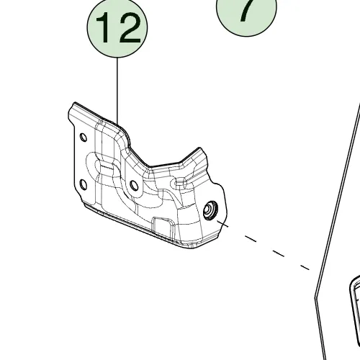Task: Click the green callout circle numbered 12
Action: pyautogui.click(x=117, y=27)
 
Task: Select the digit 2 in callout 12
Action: pyautogui.click(x=129, y=27)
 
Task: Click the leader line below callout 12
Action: pyautogui.click(x=117, y=91)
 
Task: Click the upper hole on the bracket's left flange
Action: pyautogui.click(x=84, y=138)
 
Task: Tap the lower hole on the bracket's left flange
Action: pyautogui.click(x=83, y=185)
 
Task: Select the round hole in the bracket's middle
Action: pyautogui.click(x=134, y=186)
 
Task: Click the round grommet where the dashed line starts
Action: pyautogui.click(x=210, y=210)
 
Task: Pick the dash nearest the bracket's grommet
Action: pyautogui.click(x=223, y=224)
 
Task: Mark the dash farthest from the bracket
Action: pyautogui.click(x=305, y=267)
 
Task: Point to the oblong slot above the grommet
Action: pyautogui.click(x=179, y=183)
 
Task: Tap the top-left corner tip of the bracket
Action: pyautogui.click(x=75, y=103)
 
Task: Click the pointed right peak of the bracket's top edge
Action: pyautogui.click(x=199, y=148)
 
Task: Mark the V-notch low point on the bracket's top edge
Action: pyautogui.click(x=148, y=166)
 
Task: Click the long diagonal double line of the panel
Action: pyautogui.click(x=338, y=200)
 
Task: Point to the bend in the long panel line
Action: pyautogui.click(x=315, y=298)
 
